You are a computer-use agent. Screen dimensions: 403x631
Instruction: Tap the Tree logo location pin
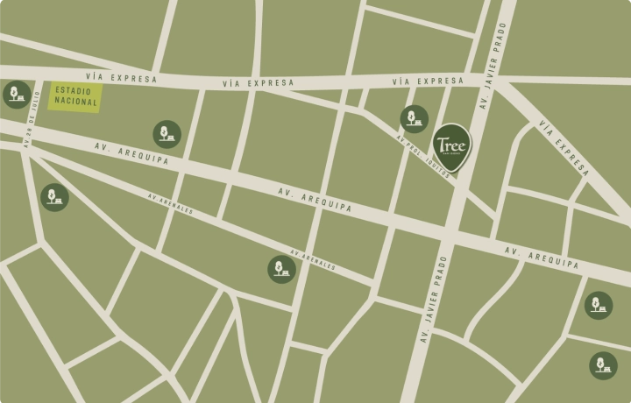click(451, 144)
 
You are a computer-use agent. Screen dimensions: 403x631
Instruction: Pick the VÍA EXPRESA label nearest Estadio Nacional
click(123, 78)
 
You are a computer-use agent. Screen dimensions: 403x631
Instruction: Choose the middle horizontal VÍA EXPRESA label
click(258, 82)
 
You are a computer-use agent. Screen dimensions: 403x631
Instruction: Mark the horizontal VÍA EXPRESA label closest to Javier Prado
click(428, 81)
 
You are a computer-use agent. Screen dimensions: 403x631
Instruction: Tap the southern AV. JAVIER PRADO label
click(432, 298)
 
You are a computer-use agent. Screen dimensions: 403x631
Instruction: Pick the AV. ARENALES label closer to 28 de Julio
click(170, 203)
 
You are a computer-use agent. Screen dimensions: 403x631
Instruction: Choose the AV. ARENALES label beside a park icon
click(313, 260)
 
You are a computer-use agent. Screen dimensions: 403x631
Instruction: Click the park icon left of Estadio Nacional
click(16, 94)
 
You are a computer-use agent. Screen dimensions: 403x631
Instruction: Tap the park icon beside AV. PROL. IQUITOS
click(414, 119)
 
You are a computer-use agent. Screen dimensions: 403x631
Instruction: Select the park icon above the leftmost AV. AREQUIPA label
click(167, 134)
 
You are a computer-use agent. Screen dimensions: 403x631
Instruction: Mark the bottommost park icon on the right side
click(603, 365)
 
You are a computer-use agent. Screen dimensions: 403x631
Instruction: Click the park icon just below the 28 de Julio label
click(54, 197)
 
